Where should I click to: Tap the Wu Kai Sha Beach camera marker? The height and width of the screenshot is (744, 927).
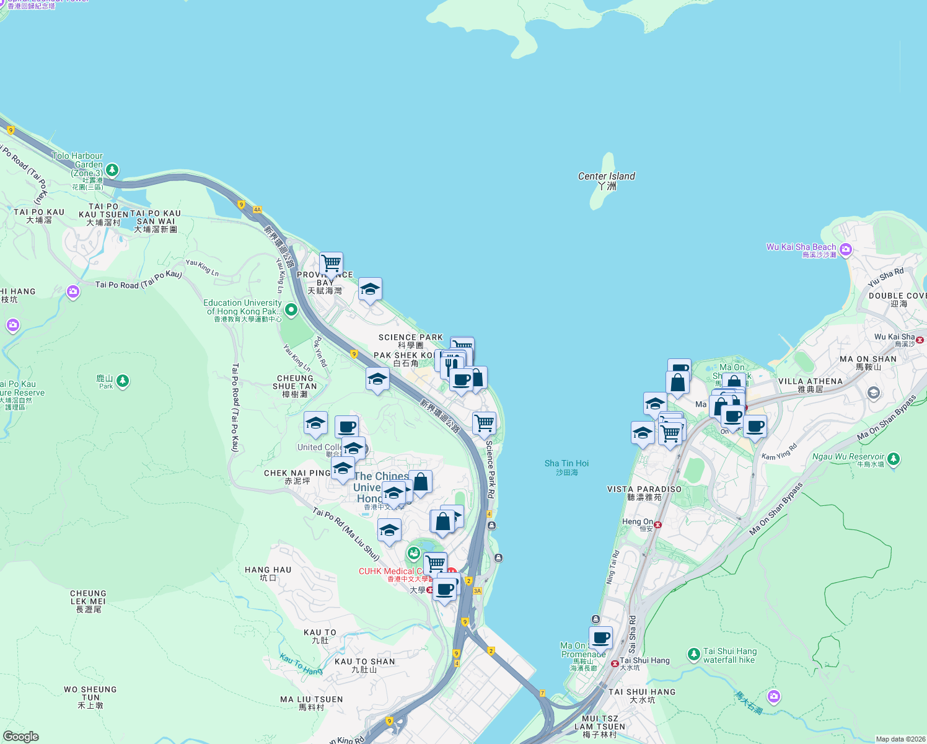coord(846,250)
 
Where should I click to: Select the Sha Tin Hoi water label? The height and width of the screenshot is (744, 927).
coord(566,467)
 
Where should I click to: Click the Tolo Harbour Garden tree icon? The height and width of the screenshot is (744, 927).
coord(112,169)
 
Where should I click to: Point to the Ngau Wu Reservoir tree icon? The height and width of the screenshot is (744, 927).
coord(893,459)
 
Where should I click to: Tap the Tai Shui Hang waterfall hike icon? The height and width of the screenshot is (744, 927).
coord(693,654)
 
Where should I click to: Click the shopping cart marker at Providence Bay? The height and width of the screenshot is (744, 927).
coord(331,263)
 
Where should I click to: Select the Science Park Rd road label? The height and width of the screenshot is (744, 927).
coord(490,469)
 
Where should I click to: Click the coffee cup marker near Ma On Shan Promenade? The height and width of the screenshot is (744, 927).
coord(600,637)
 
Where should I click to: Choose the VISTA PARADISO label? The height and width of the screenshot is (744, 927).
coord(644,493)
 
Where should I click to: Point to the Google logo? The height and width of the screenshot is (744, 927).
coord(20,736)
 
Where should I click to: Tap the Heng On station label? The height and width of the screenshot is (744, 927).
coord(638,522)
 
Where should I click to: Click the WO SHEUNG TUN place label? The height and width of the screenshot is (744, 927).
coord(90,697)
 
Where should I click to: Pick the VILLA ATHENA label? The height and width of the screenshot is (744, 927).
coord(810,385)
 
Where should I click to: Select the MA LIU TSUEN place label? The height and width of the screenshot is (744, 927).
coord(311,703)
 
